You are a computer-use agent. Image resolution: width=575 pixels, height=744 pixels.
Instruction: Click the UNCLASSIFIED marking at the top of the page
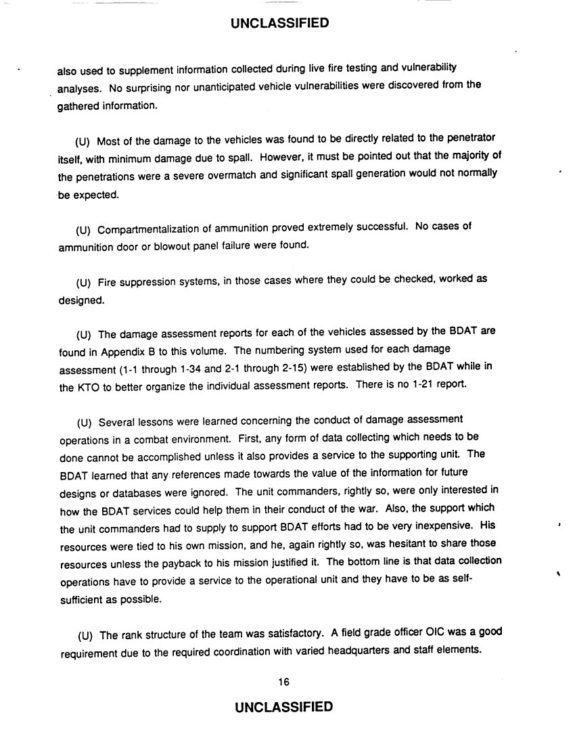coord(279,24)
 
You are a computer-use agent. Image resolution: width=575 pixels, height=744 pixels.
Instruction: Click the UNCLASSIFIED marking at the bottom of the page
coord(283,707)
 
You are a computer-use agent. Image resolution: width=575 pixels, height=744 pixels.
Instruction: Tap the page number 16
coord(284,681)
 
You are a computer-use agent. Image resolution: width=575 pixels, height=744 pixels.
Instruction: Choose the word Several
coord(117,421)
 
